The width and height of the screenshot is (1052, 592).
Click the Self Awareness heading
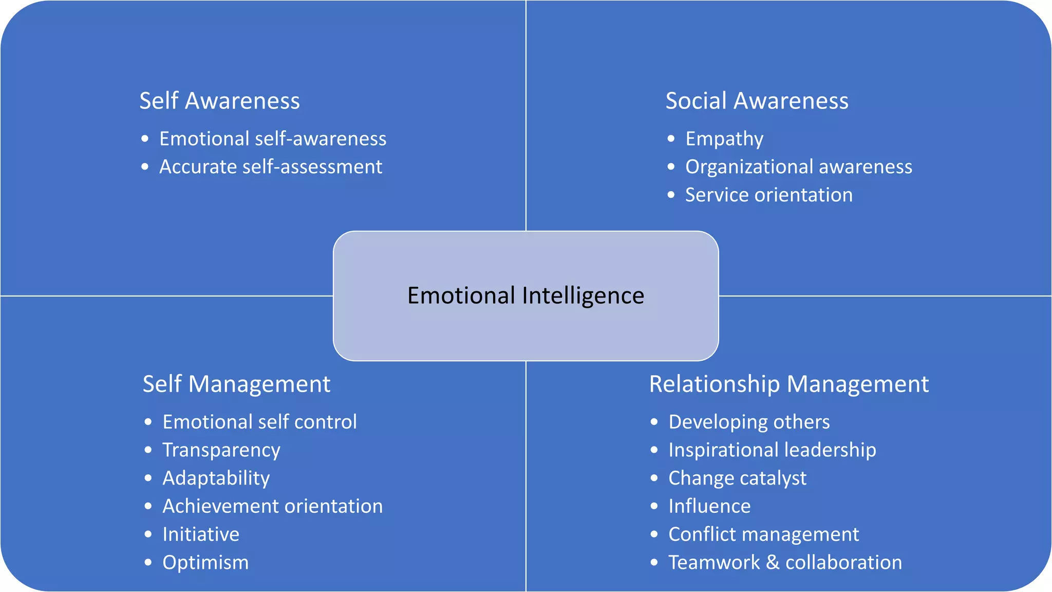click(219, 101)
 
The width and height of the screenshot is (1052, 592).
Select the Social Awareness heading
click(757, 101)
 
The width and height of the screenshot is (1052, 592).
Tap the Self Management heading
click(236, 384)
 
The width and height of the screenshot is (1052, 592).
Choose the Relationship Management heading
click(788, 384)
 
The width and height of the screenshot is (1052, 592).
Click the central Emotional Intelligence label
click(525, 295)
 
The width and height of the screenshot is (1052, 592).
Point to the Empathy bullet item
click(724, 139)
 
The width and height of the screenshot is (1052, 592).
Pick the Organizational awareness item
click(799, 166)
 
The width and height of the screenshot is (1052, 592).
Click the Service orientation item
click(768, 195)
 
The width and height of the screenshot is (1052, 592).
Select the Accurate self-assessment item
click(271, 166)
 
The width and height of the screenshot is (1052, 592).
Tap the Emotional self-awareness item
click(273, 139)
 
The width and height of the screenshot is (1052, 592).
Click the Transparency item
click(221, 450)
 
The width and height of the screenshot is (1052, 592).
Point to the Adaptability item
click(216, 478)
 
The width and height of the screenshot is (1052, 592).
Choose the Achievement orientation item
click(273, 506)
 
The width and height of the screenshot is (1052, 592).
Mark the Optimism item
click(205, 562)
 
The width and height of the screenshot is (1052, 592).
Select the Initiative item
click(201, 534)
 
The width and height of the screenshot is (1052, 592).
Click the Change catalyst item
click(737, 478)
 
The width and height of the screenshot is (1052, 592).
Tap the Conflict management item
click(763, 534)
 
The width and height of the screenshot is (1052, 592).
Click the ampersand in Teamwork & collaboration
click(773, 562)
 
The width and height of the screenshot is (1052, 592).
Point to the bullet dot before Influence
click(654, 506)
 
